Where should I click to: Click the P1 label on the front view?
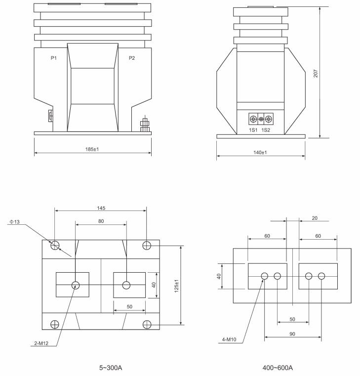point(54,58)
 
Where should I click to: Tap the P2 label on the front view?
point(132,58)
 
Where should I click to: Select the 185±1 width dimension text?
point(92,149)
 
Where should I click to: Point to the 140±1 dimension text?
point(260,153)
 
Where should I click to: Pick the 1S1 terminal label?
point(253,130)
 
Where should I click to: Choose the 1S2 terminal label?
point(266,130)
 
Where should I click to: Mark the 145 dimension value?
point(101,208)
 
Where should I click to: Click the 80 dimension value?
point(101,221)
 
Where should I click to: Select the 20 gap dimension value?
point(315,217)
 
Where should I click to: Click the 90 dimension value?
point(292,334)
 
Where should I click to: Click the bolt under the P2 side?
point(146,124)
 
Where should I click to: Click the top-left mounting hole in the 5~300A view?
point(55,245)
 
